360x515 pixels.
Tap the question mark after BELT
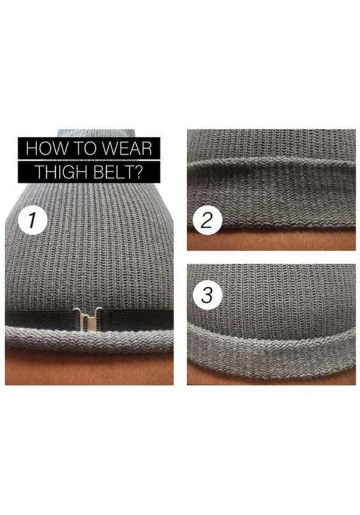click(x=139, y=172)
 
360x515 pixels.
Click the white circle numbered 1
click(x=32, y=220)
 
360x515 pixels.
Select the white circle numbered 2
click(x=207, y=220)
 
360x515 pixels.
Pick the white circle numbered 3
click(x=207, y=295)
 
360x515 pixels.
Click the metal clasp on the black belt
click(x=88, y=321)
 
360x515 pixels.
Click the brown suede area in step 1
click(x=89, y=367)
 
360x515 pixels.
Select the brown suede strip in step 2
click(x=271, y=241)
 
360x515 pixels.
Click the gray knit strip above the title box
click(x=96, y=132)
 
